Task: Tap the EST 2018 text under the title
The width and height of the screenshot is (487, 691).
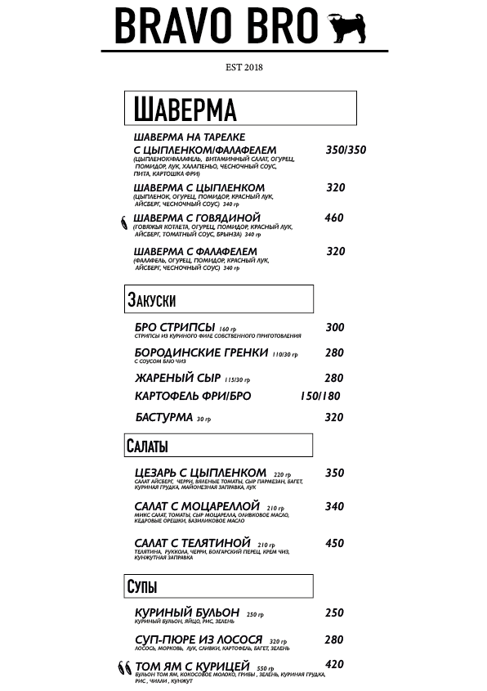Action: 243,67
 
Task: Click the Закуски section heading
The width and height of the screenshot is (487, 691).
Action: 152,299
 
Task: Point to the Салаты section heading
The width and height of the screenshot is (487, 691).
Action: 148,446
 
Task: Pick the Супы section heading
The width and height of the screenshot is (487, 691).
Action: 142,586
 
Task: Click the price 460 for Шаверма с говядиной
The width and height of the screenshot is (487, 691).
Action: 334,218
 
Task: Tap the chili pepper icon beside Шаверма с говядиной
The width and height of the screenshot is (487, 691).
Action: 123,221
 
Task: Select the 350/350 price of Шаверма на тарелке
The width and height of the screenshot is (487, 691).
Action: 346,150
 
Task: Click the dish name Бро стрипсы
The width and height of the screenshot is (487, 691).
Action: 175,327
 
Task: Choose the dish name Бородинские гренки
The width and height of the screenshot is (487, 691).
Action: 201,352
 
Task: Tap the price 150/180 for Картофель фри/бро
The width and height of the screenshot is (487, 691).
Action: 320,397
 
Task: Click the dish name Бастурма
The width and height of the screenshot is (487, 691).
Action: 164,417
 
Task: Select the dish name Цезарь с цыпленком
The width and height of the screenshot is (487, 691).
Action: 200,473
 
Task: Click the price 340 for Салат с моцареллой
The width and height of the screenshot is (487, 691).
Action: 334,506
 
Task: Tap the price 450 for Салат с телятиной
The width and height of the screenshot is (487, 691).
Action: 334,543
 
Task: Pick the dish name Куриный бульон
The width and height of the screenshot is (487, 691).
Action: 187,612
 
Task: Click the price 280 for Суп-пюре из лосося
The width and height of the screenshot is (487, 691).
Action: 333,639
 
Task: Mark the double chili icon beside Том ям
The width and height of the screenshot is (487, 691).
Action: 124,668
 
